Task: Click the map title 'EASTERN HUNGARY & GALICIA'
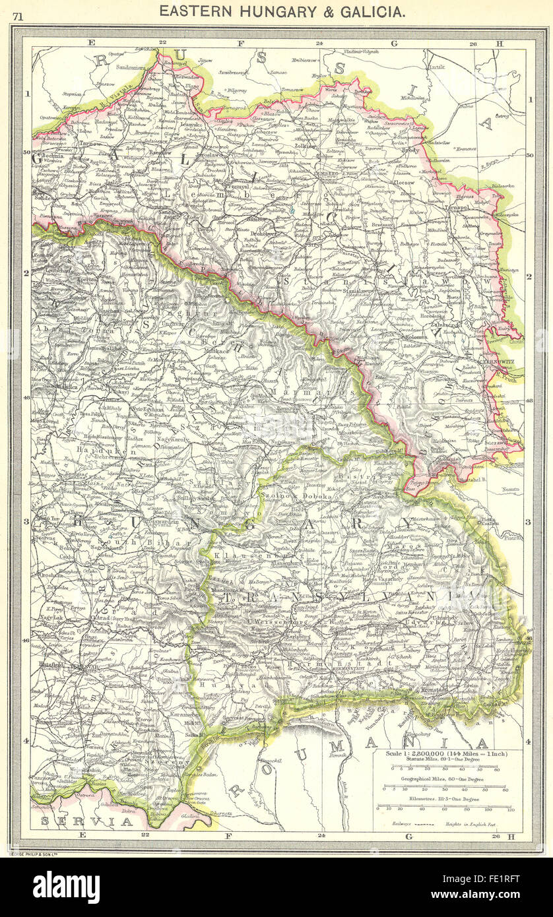[282, 11]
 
